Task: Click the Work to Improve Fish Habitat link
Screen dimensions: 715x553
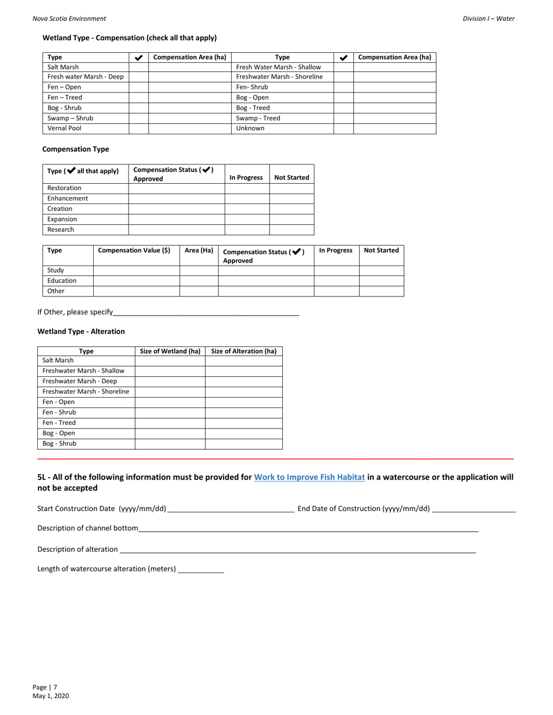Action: [x=310, y=477]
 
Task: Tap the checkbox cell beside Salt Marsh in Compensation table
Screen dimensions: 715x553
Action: [x=139, y=67]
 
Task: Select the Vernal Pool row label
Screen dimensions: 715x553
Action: [x=64, y=128]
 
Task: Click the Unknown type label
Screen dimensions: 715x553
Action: [x=250, y=128]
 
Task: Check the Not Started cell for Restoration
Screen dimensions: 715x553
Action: [x=292, y=188]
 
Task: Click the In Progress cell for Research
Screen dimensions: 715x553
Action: [x=247, y=230]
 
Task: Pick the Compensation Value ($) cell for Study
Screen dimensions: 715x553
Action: [x=136, y=270]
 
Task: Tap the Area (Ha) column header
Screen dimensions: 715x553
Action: [x=198, y=251]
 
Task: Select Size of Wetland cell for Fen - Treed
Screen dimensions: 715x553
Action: [x=170, y=423]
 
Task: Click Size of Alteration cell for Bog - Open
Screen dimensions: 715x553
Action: [x=243, y=434]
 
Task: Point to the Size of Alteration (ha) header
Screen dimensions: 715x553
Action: [x=243, y=351]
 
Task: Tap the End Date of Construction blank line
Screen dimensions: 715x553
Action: [x=474, y=509]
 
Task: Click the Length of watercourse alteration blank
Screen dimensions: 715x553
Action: [x=201, y=569]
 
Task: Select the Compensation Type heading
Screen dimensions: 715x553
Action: [x=76, y=149]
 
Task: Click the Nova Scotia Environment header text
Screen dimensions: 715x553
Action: [x=69, y=19]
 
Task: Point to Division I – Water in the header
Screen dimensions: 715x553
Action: [x=488, y=19]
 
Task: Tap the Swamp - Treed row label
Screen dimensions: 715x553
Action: [x=258, y=118]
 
